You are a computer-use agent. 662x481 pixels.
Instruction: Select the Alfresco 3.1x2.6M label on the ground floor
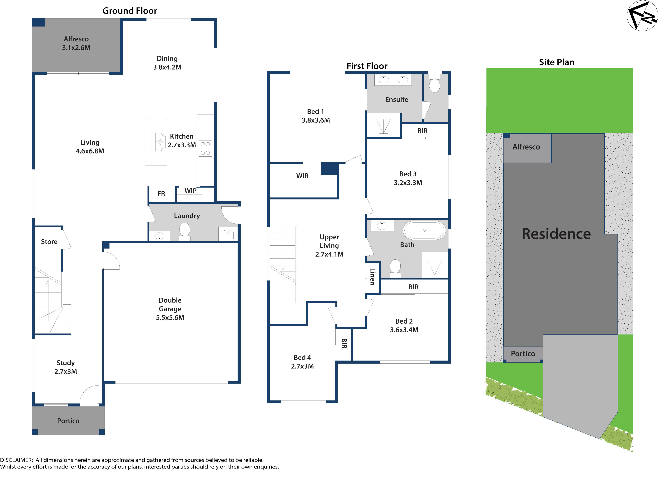[x=76, y=43]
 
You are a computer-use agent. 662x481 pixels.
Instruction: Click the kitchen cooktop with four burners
[x=205, y=148]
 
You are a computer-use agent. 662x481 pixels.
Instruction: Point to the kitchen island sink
[x=160, y=142]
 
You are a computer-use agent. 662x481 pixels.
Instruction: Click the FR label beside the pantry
[x=161, y=194]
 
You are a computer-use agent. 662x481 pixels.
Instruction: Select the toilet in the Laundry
[x=185, y=231]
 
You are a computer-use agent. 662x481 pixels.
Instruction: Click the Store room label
[x=49, y=242]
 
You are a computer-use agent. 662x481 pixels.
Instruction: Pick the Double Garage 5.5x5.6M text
[x=170, y=309]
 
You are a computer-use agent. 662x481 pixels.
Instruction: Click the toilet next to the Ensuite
[x=434, y=85]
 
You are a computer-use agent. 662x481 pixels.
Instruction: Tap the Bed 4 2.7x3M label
[x=302, y=362]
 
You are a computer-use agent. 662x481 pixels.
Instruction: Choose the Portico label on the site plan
[x=523, y=354]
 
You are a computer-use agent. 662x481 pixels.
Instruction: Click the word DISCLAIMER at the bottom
[x=16, y=460]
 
